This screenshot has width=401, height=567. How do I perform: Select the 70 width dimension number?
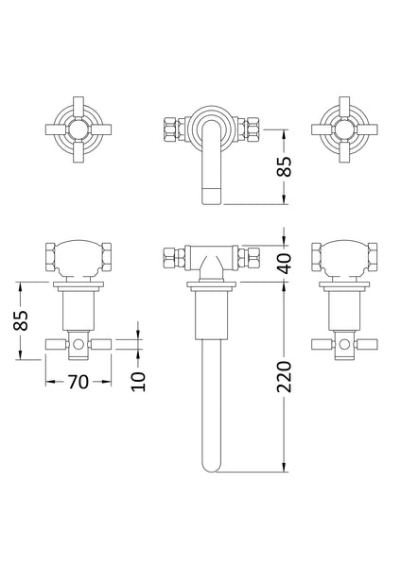[78, 382]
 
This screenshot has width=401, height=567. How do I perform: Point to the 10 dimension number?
[139, 381]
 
